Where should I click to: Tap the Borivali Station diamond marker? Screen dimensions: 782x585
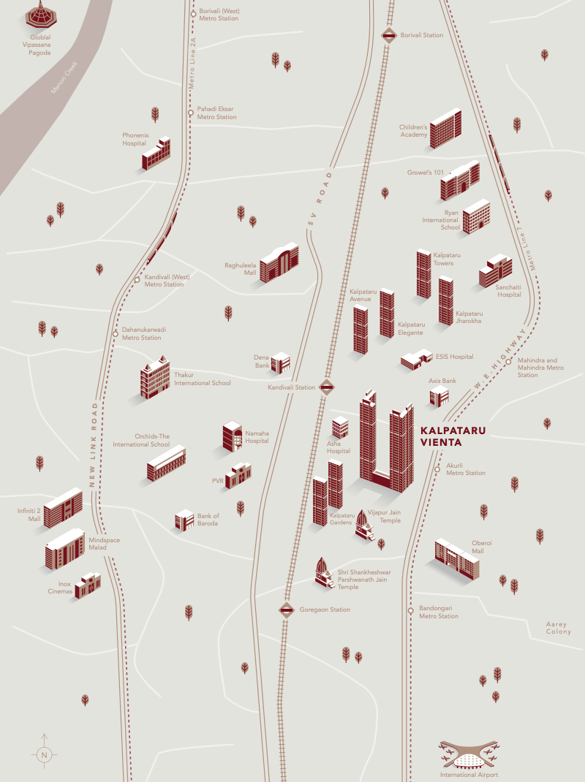coord(388,34)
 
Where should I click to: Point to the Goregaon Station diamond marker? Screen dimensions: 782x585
coord(286,610)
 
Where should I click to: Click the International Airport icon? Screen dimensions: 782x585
coord(469,753)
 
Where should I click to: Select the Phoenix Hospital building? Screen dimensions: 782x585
coord(156,153)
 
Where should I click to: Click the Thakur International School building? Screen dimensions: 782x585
coord(154,379)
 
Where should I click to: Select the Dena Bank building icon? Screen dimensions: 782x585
coord(280,362)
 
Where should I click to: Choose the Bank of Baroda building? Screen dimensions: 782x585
coord(184,520)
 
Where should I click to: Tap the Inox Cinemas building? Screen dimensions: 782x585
coord(87,585)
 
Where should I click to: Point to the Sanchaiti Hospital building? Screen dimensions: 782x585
coord(495,271)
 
